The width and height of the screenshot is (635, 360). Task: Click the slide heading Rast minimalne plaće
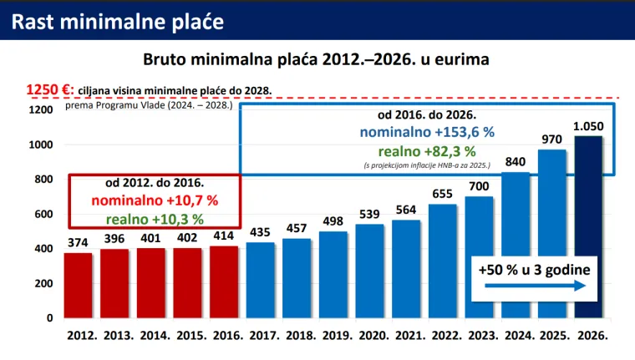[118, 21]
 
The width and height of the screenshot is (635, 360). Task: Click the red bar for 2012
[79, 285]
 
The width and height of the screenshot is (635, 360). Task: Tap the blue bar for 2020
[369, 271]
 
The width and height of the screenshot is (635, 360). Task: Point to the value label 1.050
[588, 126]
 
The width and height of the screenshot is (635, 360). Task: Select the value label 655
[442, 194]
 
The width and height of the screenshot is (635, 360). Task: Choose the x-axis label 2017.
[264, 334]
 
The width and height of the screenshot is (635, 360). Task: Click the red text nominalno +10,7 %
[155, 200]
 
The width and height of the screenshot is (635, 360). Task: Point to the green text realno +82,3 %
[427, 152]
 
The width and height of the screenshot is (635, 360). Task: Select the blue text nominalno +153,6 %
[427, 132]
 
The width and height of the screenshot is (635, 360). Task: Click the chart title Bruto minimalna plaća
[316, 59]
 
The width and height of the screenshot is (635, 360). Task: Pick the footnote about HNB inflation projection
[427, 167]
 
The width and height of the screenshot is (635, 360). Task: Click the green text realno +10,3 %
[155, 219]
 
